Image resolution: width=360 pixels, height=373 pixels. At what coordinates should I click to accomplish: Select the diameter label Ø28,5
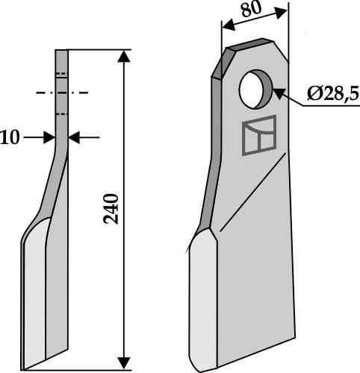pos(332,95)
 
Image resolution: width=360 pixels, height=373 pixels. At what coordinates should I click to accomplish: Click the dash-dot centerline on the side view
pos(61,93)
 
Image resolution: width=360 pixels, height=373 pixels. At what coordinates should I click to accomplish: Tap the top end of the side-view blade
pos(61,51)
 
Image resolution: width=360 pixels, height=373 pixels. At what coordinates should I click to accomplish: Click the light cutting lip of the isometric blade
pos(202,298)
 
